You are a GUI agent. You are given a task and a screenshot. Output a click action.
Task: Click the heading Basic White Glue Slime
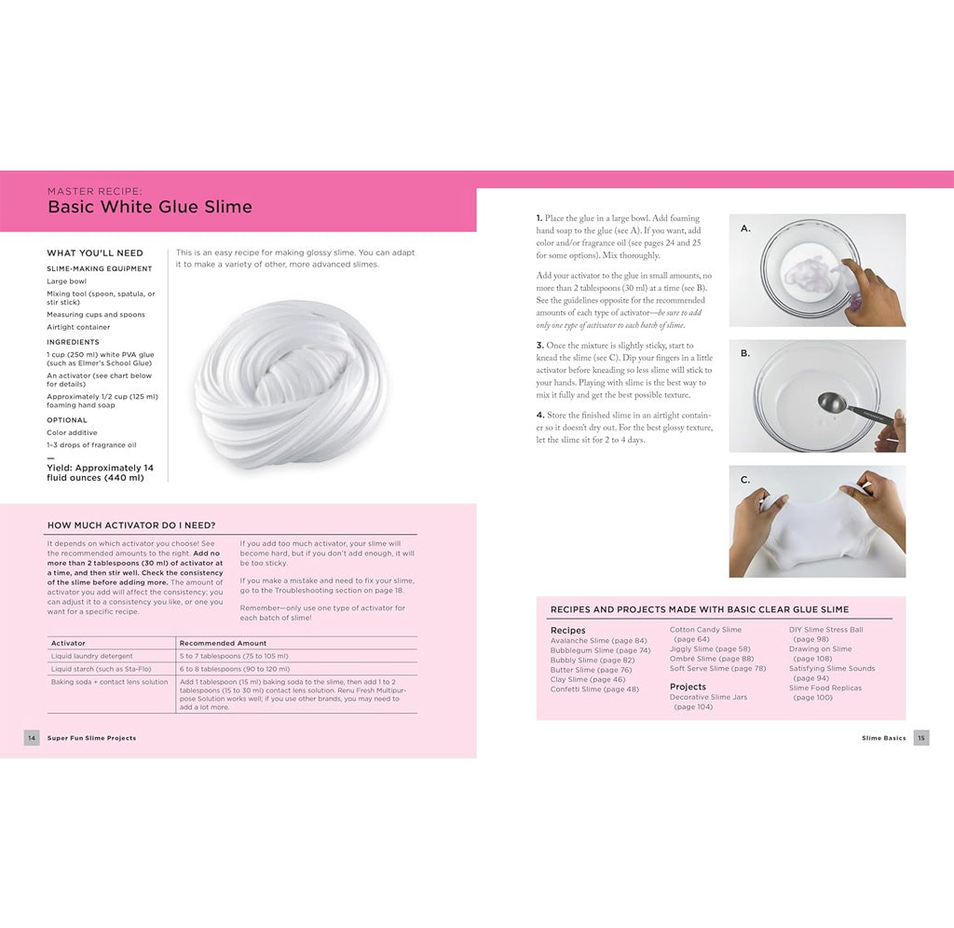point(149,207)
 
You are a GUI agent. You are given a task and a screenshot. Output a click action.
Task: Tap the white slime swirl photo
point(291,384)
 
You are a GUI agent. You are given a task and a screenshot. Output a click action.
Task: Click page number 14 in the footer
point(32,738)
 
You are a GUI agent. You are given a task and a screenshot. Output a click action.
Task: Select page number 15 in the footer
point(921,738)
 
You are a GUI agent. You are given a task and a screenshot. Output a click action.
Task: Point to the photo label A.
point(745,227)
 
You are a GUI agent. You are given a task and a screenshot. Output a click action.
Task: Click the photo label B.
point(745,354)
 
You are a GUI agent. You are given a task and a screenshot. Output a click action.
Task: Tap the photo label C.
point(745,480)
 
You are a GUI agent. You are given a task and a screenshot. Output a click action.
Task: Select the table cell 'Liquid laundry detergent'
point(92,656)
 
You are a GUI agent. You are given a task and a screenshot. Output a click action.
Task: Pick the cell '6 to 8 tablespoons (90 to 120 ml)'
point(234,669)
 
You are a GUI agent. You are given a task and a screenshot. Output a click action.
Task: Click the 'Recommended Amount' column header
point(223,643)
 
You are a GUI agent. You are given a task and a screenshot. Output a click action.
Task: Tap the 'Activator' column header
point(68,643)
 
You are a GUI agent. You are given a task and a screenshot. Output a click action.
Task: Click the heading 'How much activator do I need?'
point(131,525)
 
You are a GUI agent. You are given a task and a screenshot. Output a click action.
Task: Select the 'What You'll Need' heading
point(95,253)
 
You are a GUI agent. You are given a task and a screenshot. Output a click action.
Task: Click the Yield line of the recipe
point(101,472)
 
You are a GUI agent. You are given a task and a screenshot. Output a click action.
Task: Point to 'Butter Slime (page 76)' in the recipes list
point(591,670)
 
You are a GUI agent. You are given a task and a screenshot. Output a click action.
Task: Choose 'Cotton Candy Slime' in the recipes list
point(705,630)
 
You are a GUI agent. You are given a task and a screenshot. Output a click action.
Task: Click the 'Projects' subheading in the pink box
point(688,687)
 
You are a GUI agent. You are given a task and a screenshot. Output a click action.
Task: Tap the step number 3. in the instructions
point(540,346)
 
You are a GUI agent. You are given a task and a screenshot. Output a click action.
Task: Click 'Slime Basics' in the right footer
point(883,738)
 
